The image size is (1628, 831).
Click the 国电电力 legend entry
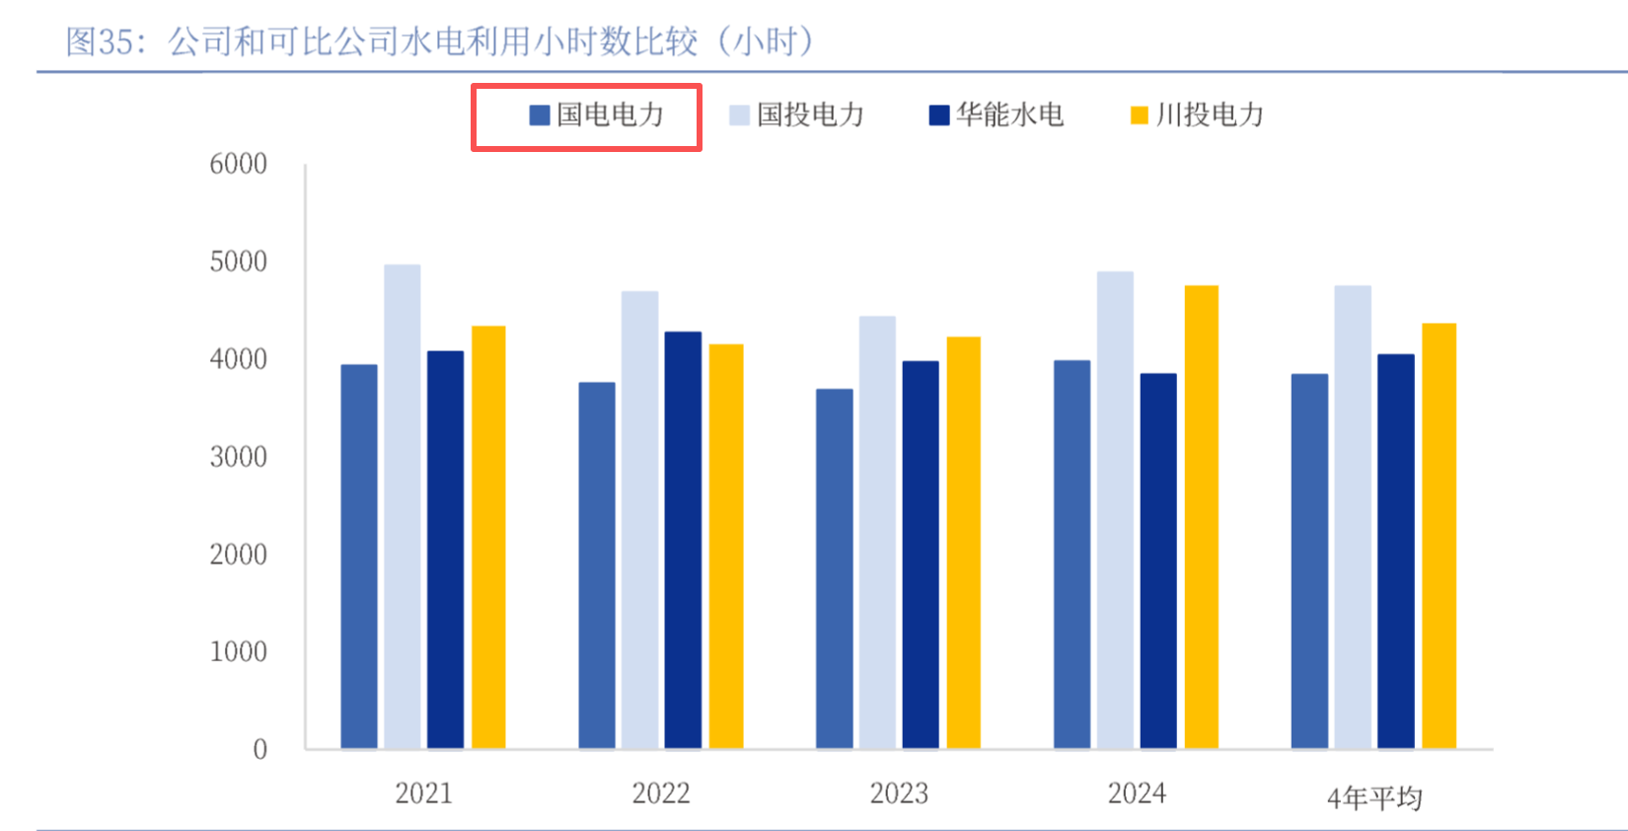coord(596,115)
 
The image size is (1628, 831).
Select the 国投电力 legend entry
coord(797,115)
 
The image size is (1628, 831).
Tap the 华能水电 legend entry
coord(997,115)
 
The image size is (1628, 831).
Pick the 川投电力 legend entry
coord(1197,115)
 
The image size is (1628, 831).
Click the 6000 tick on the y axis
coord(238,164)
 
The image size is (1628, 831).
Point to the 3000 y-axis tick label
coord(238,457)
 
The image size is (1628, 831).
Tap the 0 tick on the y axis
coord(259,750)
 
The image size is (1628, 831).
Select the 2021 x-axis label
coord(423,793)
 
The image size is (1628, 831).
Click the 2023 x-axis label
coord(899,793)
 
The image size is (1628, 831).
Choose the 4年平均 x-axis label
coord(1374,797)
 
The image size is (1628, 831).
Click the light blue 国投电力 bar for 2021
coord(403,505)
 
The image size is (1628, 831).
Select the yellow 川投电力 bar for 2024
coord(1202,516)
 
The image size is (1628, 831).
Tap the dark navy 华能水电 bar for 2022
coord(683,539)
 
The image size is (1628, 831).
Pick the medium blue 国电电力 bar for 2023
coord(835,568)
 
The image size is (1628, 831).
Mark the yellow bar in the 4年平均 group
coord(1439,535)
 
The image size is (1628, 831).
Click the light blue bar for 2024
coord(1115,509)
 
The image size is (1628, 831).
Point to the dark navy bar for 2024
coord(1158,561)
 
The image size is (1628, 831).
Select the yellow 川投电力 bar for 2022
coord(726,546)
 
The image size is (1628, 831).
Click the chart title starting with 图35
coord(439,41)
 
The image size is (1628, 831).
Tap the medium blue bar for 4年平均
coord(1309,561)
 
